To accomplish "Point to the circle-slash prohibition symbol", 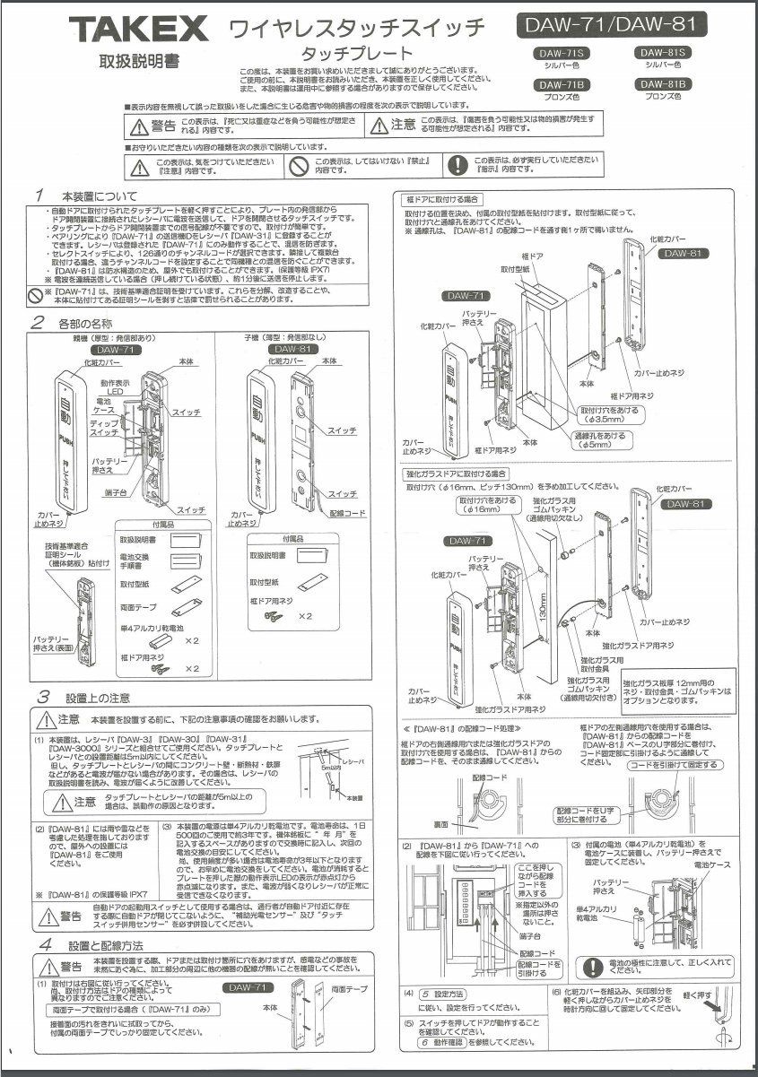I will pyautogui.click(x=299, y=165).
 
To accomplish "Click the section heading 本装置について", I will pyautogui.click(x=100, y=195).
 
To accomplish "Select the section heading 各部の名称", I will pyautogui.click(x=87, y=322).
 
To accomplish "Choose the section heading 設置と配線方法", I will pyautogui.click(x=105, y=945).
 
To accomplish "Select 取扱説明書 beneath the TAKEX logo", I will pyautogui.click(x=138, y=62).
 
